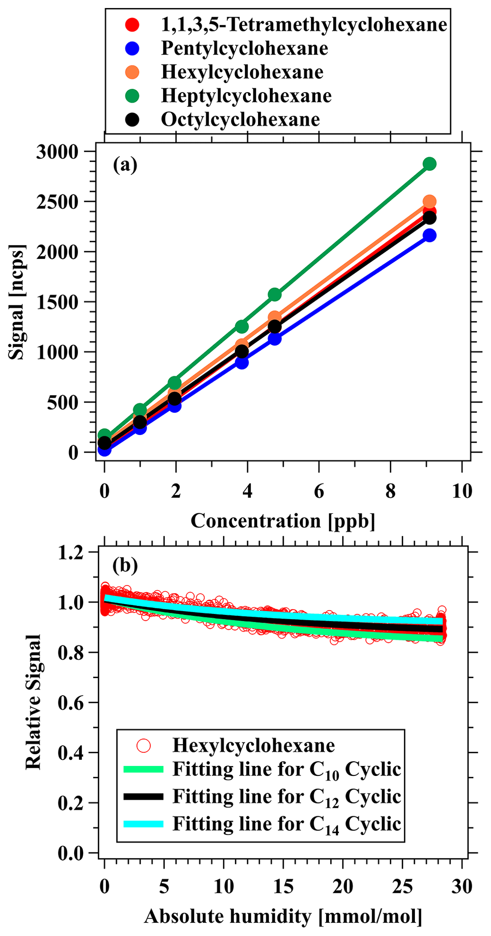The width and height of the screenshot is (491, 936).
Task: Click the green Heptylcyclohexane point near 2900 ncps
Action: pos(430,164)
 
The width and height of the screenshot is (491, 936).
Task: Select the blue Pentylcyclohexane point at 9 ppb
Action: pos(430,236)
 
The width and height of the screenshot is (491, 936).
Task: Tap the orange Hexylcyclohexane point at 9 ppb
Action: pos(430,201)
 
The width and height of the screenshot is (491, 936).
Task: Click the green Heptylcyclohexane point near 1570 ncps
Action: pos(275,294)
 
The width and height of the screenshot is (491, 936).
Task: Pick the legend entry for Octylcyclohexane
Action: pos(240,120)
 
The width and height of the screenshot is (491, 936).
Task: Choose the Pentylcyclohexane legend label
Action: pos(244,48)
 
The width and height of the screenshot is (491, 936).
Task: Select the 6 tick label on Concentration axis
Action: pos(319,491)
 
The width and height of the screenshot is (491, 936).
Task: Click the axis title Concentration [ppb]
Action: pos(283,521)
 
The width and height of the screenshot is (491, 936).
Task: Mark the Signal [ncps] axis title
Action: pos(17,302)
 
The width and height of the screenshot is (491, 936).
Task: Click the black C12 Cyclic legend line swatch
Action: pos(143,796)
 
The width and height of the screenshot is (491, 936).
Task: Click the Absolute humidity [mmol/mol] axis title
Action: pos(283,916)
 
